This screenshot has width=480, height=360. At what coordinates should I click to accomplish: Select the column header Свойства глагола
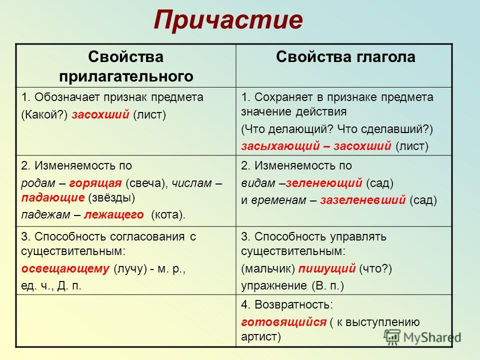tap(345, 57)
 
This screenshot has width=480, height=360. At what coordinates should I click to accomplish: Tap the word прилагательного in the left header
tap(126, 76)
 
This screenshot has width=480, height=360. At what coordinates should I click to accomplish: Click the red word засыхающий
tap(280, 146)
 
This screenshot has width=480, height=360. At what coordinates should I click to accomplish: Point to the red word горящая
tap(95, 183)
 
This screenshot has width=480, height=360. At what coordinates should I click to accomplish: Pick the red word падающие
tap(53, 198)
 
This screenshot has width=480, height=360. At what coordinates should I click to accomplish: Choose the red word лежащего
tap(114, 215)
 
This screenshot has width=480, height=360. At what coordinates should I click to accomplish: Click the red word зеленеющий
tap(324, 183)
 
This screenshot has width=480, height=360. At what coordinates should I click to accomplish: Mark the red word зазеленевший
tap(363, 200)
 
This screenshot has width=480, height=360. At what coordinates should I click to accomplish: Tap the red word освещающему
tap(65, 269)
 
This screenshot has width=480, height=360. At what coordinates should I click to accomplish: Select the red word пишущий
tap(327, 269)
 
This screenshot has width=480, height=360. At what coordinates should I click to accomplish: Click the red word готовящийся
tap(284, 322)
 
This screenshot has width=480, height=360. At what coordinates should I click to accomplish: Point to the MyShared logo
tap(423, 337)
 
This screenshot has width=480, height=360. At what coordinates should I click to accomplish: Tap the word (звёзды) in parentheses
tap(111, 198)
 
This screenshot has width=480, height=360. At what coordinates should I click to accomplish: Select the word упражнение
tap(274, 286)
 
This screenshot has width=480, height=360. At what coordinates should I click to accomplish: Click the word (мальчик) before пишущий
tap(268, 269)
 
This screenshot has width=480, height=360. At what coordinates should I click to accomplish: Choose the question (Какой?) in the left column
tap(44, 115)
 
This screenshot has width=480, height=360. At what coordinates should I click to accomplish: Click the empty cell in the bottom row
tap(126, 321)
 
